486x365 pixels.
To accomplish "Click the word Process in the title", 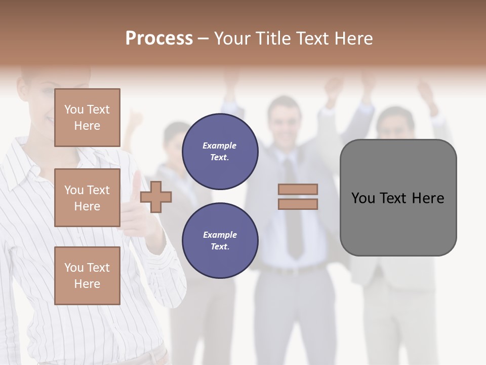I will [159, 39].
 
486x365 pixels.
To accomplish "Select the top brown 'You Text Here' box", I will [87, 118].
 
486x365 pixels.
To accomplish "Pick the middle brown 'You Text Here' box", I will [87, 198].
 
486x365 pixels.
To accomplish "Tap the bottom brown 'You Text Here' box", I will [87, 276].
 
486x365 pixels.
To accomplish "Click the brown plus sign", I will [156, 197].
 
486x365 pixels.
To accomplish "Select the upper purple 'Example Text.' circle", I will [220, 152].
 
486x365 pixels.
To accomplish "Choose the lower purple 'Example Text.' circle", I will [220, 241].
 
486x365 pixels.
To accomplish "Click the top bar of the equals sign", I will [298, 189].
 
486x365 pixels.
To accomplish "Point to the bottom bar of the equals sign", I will [298, 204].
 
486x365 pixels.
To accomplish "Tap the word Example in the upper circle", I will [220, 146].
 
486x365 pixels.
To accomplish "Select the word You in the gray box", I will [363, 198].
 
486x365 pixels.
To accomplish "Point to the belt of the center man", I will [294, 269].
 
